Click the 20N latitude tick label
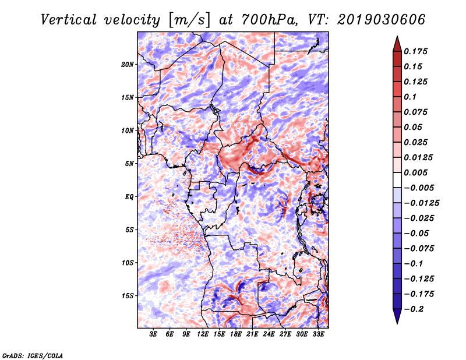tap(128, 65)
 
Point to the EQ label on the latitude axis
tap(129, 197)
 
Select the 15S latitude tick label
tap(128, 296)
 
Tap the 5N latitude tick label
tap(129, 164)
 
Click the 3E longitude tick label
tap(153, 334)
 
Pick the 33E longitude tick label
tap(318, 334)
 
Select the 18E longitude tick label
tap(236, 334)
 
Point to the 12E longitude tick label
tap(203, 334)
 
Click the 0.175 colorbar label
tap(415, 51)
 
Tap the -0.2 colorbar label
tap(414, 309)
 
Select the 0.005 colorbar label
tap(415, 172)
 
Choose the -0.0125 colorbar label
tap(421, 203)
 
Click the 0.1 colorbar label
tap(410, 97)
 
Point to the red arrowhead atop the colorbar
tap(397, 44)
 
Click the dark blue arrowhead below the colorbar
tap(397, 316)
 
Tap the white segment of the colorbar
tap(397, 180)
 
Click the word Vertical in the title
tap(69, 20)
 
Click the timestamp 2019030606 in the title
tap(382, 20)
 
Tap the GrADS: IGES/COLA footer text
tap(33, 356)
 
